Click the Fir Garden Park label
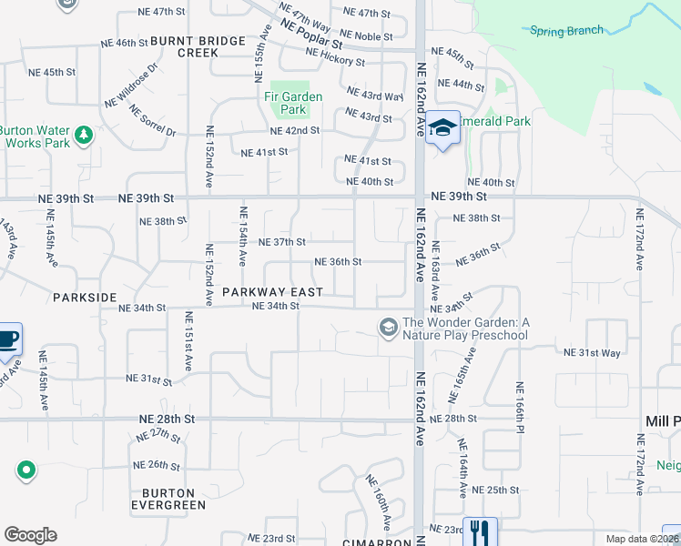(287, 103)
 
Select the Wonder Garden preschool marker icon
(388, 326)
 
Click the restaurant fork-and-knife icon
(480, 531)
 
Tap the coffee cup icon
(8, 339)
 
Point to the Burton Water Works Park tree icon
(84, 136)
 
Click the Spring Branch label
(566, 30)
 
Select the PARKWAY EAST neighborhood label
(272, 292)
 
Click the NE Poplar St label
(312, 36)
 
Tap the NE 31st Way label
(592, 352)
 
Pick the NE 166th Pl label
(520, 404)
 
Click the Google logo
(30, 535)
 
